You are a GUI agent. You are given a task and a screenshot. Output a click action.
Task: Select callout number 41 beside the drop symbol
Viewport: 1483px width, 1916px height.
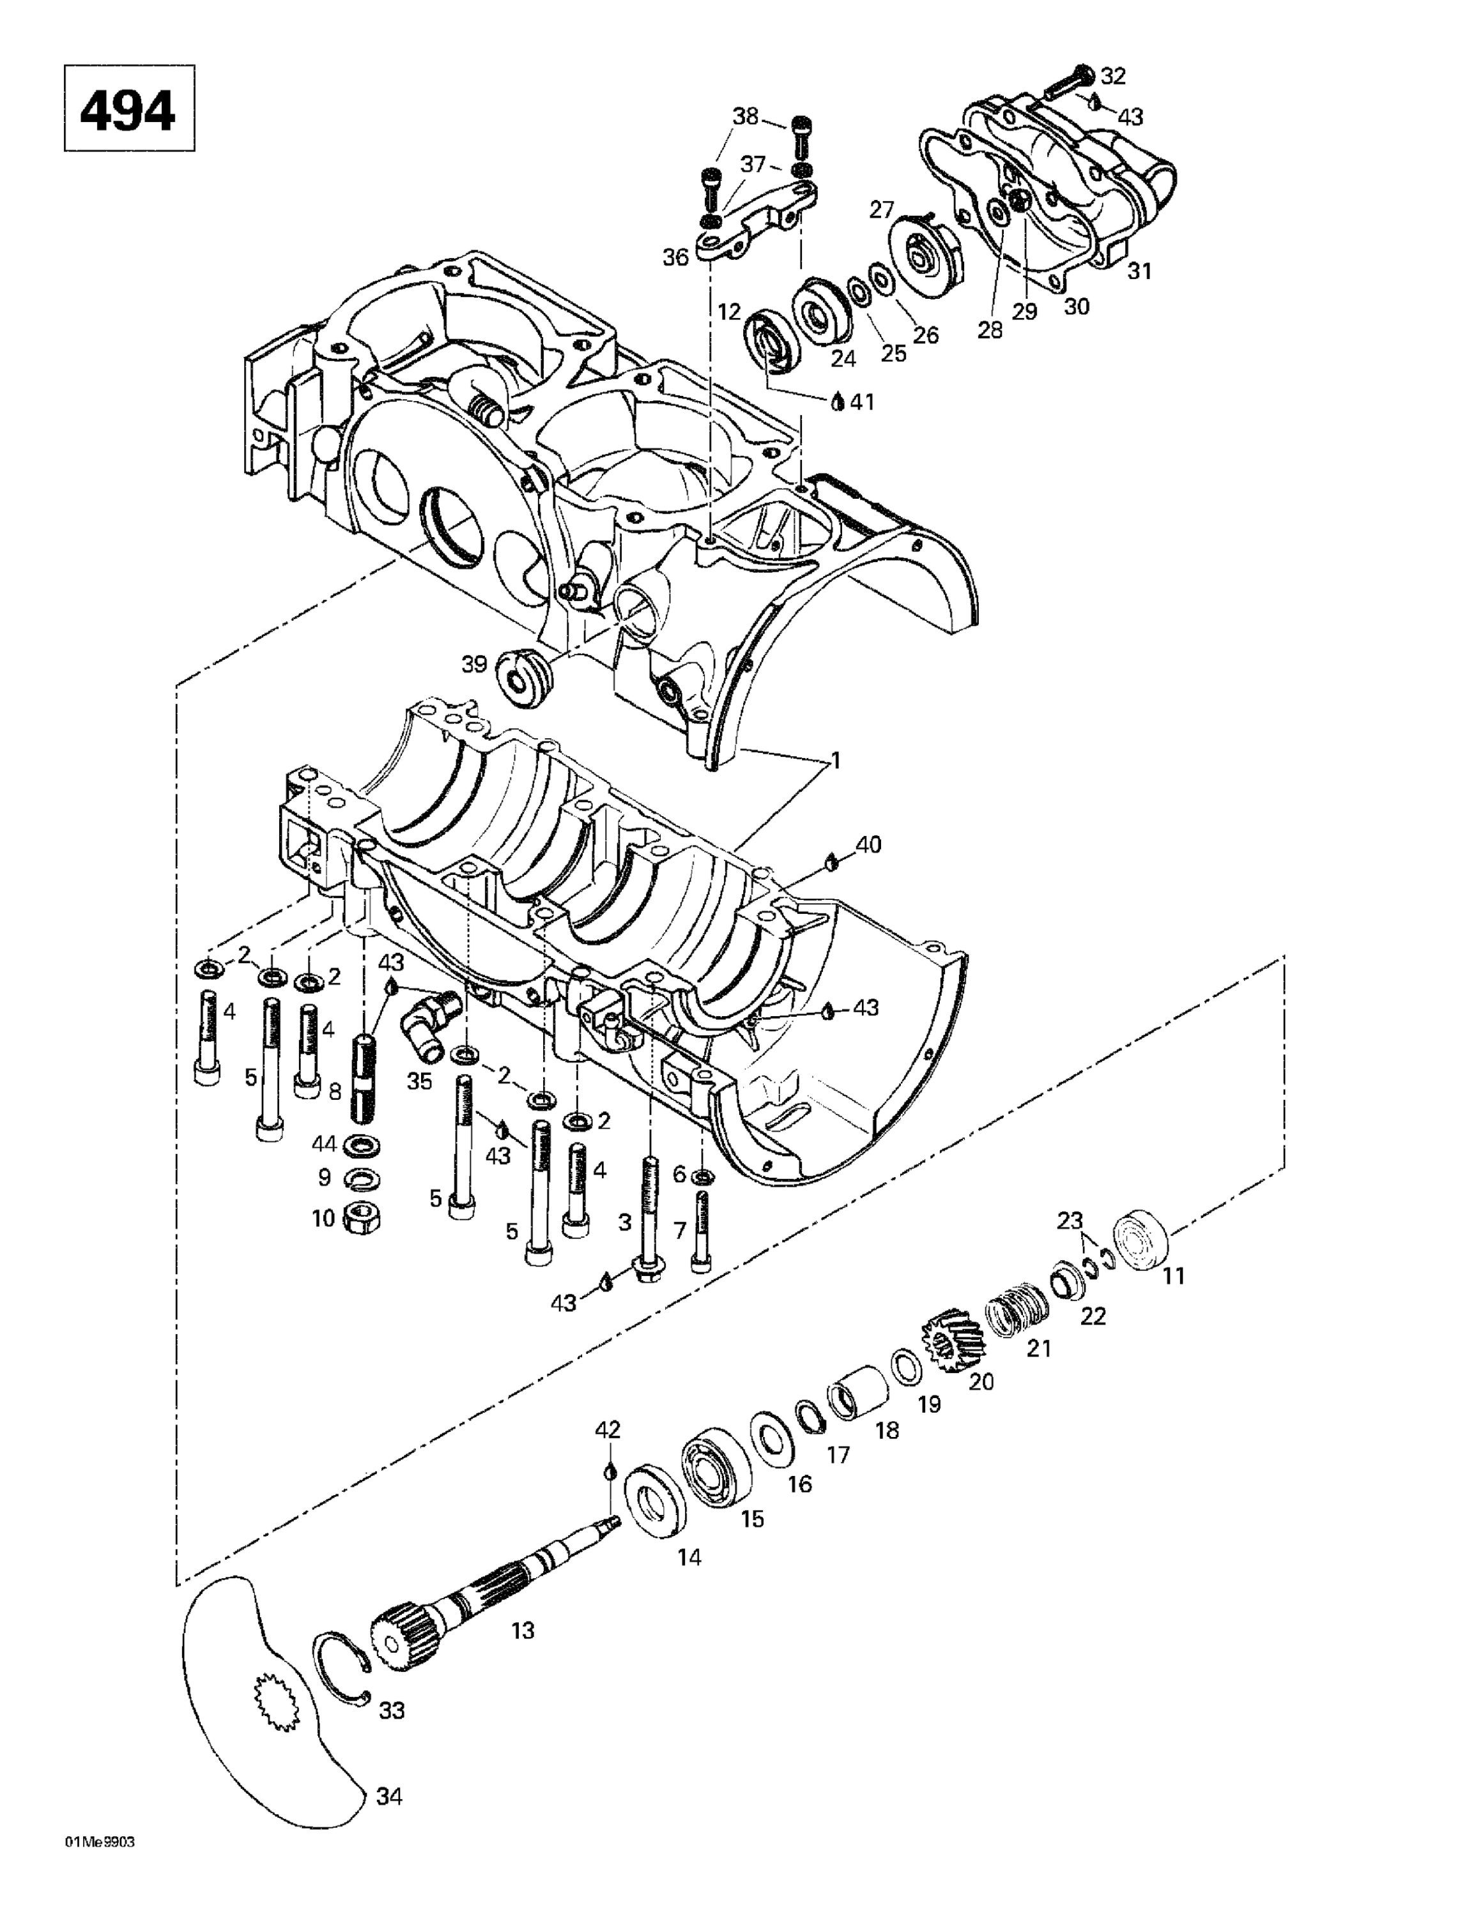862,402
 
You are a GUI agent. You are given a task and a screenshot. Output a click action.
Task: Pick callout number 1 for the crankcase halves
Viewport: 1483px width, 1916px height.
835,761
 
